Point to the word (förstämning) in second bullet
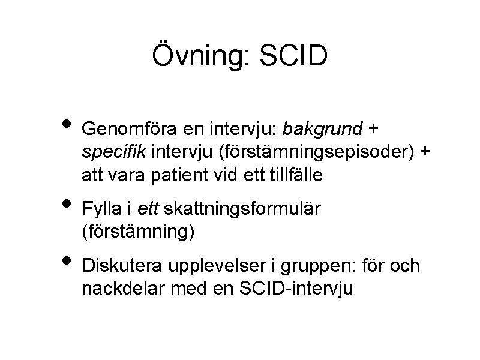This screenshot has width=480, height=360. tap(139, 232)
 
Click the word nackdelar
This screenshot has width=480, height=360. tap(119, 288)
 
